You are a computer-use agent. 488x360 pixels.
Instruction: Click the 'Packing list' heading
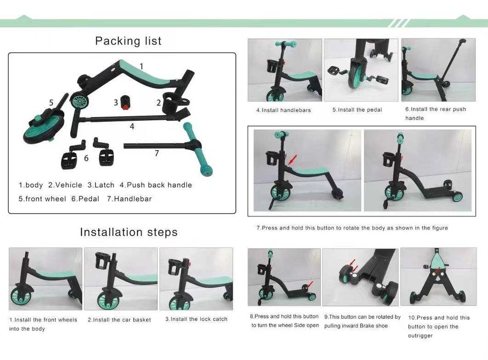tap(128, 41)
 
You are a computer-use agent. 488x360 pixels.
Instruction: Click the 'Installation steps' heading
tap(129, 232)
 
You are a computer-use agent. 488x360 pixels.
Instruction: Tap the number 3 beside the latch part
tap(116, 102)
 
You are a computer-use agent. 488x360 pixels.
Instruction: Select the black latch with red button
tap(125, 102)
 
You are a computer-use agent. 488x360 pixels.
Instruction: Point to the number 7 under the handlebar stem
tap(157, 153)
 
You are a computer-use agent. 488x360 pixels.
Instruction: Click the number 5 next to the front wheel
tap(51, 102)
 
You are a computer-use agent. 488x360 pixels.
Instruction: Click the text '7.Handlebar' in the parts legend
tap(129, 199)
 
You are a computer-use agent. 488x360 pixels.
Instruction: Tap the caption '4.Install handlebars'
tap(284, 110)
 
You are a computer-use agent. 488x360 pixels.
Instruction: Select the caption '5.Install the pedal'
tap(357, 110)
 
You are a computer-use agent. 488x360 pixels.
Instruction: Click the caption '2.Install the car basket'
tap(119, 319)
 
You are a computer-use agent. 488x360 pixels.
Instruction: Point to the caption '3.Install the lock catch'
tap(196, 319)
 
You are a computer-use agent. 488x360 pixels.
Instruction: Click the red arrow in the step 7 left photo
tap(292, 159)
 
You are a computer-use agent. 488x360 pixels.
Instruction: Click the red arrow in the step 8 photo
tap(309, 285)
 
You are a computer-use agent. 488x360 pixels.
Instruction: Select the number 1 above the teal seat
tap(142, 66)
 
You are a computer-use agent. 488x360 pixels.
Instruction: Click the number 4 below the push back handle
tap(132, 126)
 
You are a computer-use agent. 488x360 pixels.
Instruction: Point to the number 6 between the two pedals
tap(86, 158)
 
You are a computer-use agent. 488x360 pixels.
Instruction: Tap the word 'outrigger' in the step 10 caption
tap(420, 336)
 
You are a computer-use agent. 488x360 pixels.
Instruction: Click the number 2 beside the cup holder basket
tap(159, 102)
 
